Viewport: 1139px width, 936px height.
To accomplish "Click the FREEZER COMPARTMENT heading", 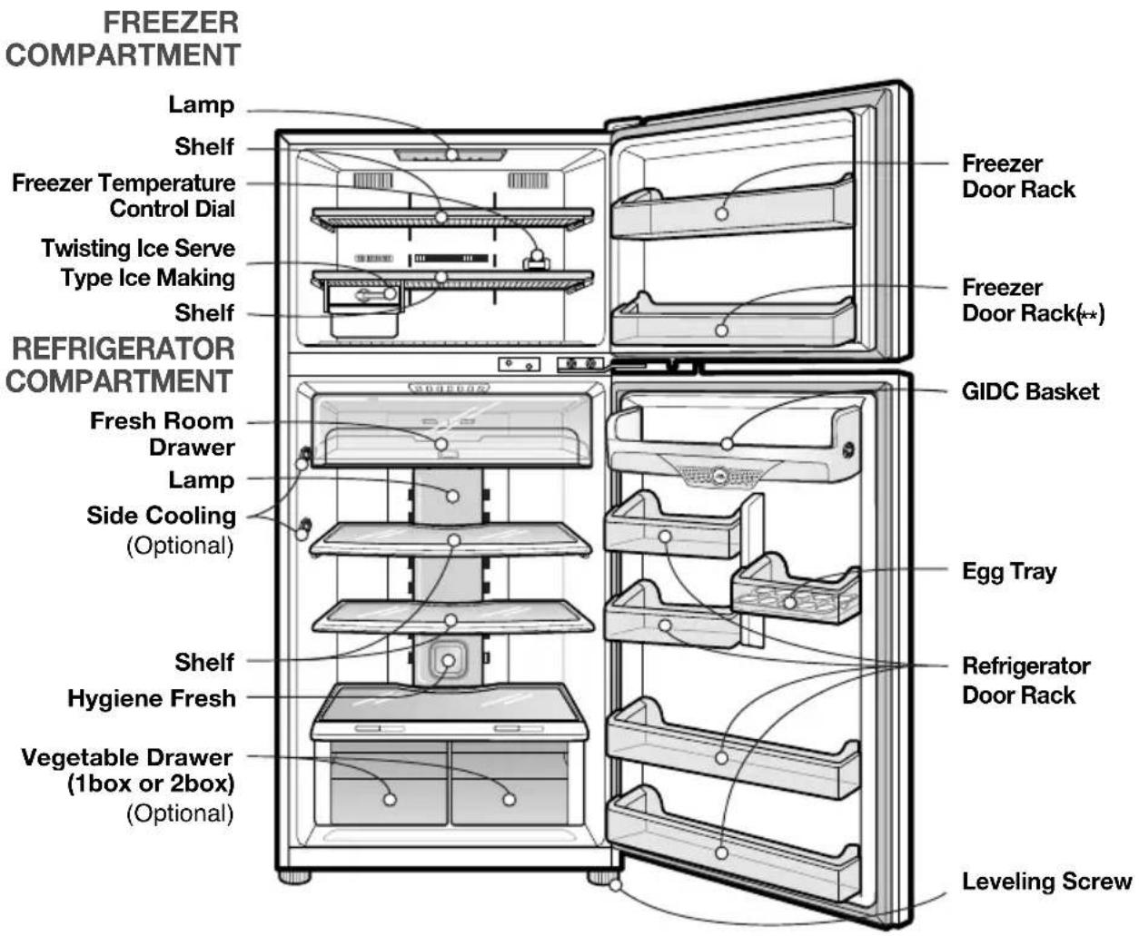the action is pyautogui.click(x=122, y=39).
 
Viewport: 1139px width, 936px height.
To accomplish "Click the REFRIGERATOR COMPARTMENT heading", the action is pyautogui.click(x=120, y=365).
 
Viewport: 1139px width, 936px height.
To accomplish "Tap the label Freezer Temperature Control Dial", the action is pyautogui.click(x=124, y=195).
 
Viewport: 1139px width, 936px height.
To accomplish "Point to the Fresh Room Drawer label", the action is pyautogui.click(x=162, y=433).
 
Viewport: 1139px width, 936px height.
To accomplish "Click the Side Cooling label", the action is pyautogui.click(x=161, y=516).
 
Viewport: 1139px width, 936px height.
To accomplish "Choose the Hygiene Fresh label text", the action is pyautogui.click(x=152, y=698).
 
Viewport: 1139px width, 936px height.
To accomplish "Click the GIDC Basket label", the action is pyautogui.click(x=1030, y=391).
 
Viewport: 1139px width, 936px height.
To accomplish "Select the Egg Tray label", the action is pyautogui.click(x=1009, y=572).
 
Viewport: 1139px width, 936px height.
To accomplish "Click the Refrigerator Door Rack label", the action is pyautogui.click(x=1026, y=680).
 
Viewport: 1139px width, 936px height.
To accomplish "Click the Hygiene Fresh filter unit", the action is pyautogui.click(x=449, y=660).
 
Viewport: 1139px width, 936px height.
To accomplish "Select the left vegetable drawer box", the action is pyautogui.click(x=389, y=783).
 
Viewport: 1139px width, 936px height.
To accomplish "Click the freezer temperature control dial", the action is pyautogui.click(x=536, y=261).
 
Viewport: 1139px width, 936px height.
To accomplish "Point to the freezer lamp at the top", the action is pyautogui.click(x=451, y=155).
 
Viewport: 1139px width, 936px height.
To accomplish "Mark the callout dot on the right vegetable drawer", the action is pyautogui.click(x=509, y=800).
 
